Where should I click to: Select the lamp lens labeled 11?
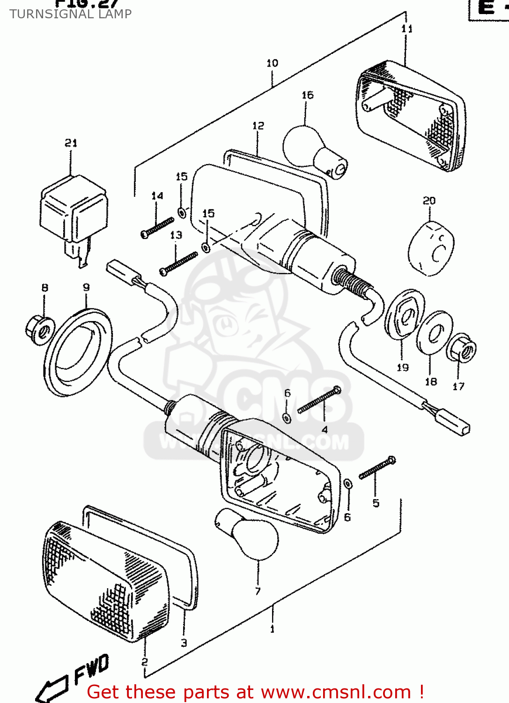410,117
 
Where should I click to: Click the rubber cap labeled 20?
431,248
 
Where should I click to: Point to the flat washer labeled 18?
435,333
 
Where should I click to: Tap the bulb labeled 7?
251,534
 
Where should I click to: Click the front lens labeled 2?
105,581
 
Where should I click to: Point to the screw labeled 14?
157,227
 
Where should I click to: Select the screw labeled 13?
178,263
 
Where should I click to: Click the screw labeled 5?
377,468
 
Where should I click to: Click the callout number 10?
272,63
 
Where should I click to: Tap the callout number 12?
258,126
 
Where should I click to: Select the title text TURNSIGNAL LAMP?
70,14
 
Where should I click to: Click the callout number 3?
184,643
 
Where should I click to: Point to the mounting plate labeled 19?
405,314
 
